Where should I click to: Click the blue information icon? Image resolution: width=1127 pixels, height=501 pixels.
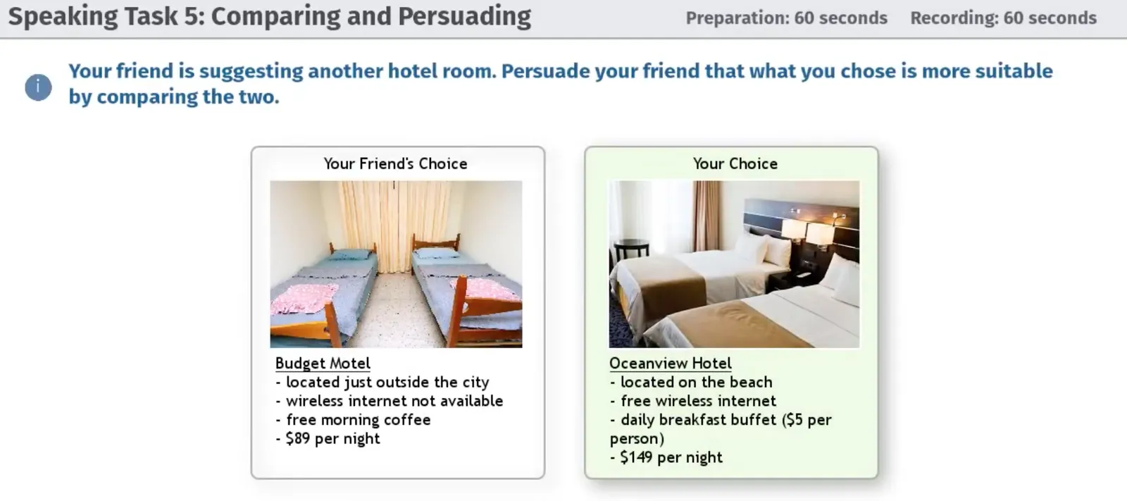click(38, 87)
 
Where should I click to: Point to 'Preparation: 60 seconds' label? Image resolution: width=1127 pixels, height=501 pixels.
click(786, 18)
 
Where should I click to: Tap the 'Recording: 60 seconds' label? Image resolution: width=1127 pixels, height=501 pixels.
click(1003, 18)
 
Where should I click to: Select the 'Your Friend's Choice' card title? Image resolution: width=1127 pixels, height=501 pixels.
click(395, 163)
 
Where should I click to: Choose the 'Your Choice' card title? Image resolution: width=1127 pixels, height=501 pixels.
click(735, 163)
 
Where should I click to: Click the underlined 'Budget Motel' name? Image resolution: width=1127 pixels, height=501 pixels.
click(323, 363)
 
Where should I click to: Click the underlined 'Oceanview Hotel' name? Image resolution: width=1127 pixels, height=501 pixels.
click(670, 363)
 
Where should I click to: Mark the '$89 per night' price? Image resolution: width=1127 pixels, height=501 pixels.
click(328, 438)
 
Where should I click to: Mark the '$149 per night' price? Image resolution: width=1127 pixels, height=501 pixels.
click(666, 457)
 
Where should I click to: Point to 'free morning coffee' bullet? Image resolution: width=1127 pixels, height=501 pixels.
click(353, 419)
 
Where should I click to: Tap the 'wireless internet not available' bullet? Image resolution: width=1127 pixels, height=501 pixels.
click(390, 401)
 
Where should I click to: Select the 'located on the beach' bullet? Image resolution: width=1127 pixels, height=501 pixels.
click(691, 382)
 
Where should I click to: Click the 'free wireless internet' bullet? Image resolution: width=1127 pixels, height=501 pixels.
click(693, 401)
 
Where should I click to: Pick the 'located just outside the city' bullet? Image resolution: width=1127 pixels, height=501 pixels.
click(382, 382)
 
